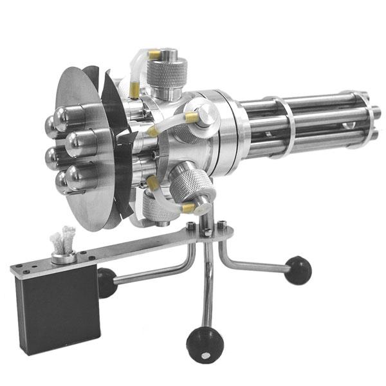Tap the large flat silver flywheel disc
tap(80, 193)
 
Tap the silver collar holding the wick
tap(64, 257)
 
